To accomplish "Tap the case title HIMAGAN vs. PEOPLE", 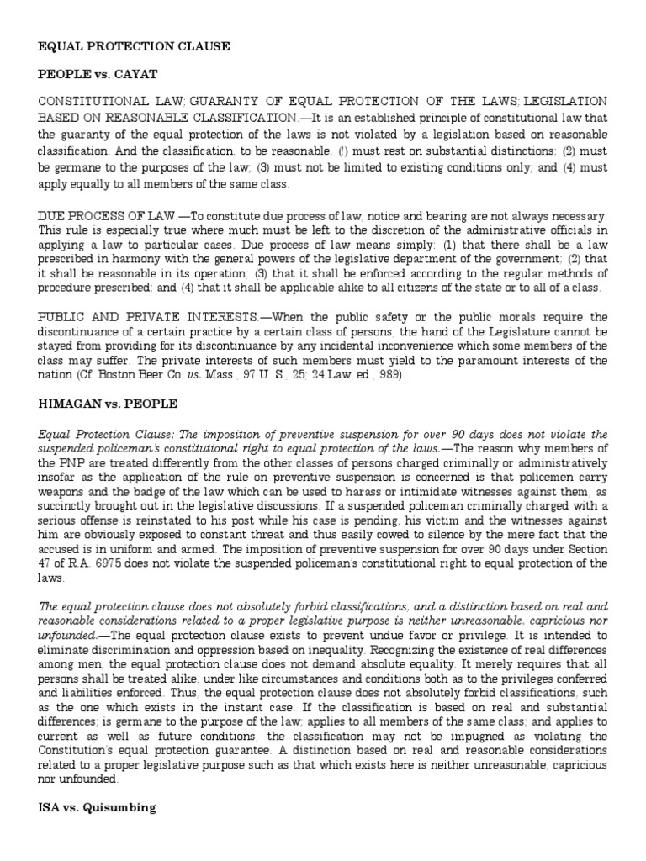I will pyautogui.click(x=108, y=404).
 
